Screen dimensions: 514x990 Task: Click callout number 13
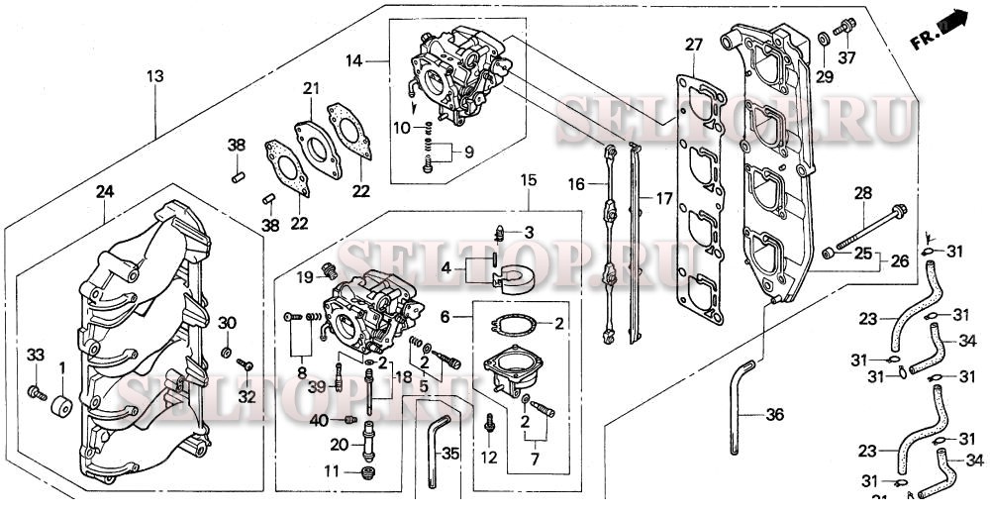coord(154,76)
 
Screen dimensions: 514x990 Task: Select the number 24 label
coord(105,190)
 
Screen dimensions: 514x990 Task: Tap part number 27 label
coord(693,45)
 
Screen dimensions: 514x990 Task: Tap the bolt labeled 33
coord(38,393)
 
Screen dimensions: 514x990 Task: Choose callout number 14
coord(354,61)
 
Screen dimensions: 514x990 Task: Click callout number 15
coord(529,180)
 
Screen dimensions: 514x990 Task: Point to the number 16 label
coord(577,184)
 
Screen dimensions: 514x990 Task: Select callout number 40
coord(318,421)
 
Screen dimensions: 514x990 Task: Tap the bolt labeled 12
coord(490,424)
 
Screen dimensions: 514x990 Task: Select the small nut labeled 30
coord(226,353)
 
